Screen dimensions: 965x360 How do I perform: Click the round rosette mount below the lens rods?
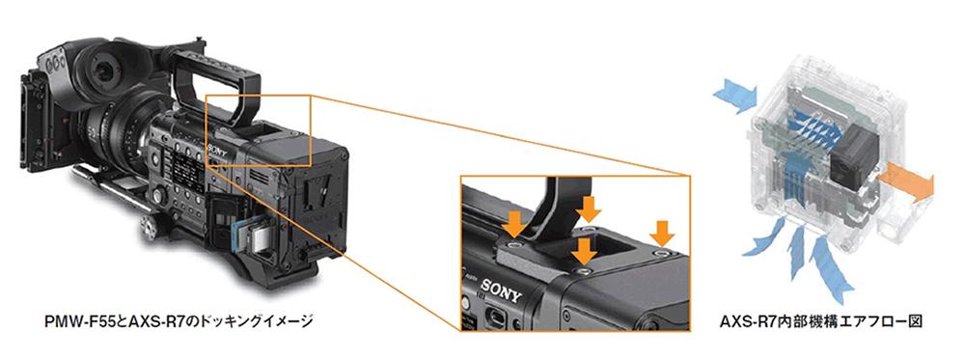click(x=151, y=229)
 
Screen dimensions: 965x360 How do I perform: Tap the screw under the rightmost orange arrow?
click(x=662, y=254)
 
